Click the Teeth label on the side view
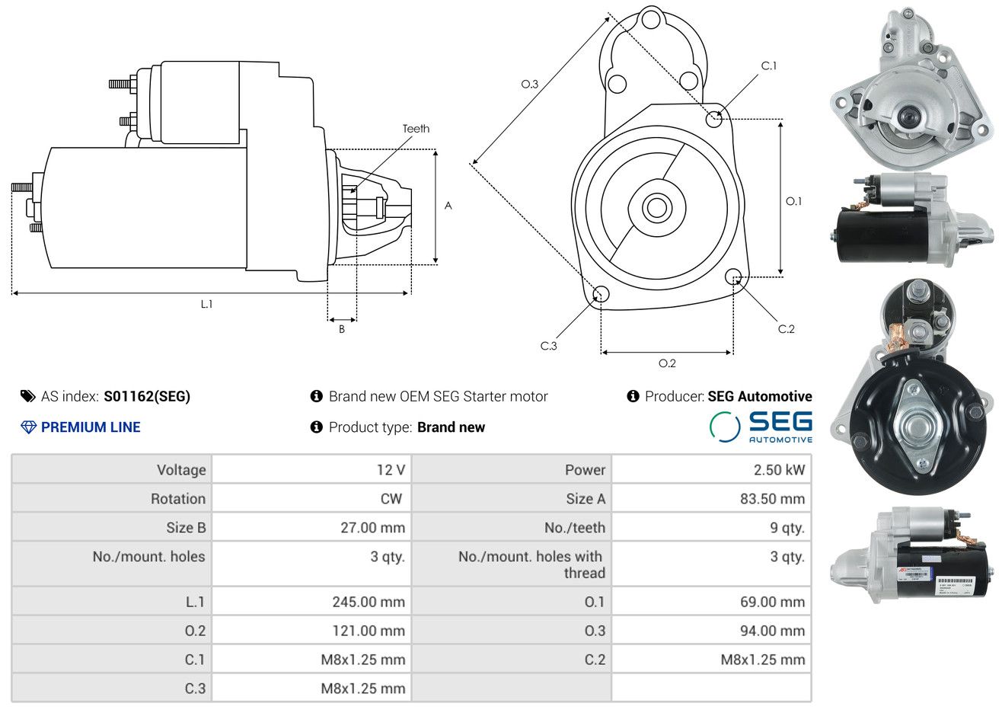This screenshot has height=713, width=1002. tap(416, 129)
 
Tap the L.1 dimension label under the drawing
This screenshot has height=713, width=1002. tap(206, 305)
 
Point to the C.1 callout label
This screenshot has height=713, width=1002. tap(768, 66)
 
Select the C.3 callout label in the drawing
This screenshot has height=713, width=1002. tap(548, 346)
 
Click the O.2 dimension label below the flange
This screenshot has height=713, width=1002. tap(667, 363)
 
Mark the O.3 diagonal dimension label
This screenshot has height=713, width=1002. tap(530, 84)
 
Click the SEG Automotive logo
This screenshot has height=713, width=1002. tap(761, 427)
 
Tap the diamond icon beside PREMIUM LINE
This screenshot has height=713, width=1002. tap(29, 427)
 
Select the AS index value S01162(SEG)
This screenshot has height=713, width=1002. tap(147, 397)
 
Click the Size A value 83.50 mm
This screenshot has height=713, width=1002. tap(773, 499)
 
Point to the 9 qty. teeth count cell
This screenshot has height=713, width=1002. tap(787, 528)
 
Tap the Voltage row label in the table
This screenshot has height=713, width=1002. tap(181, 470)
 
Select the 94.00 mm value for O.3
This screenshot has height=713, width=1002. tap(773, 631)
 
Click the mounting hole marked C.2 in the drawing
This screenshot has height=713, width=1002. tap(733, 277)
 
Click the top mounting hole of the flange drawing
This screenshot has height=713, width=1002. tap(651, 19)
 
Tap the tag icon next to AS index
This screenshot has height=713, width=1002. tap(27, 397)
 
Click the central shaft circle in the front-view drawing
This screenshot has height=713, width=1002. tap(656, 208)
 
